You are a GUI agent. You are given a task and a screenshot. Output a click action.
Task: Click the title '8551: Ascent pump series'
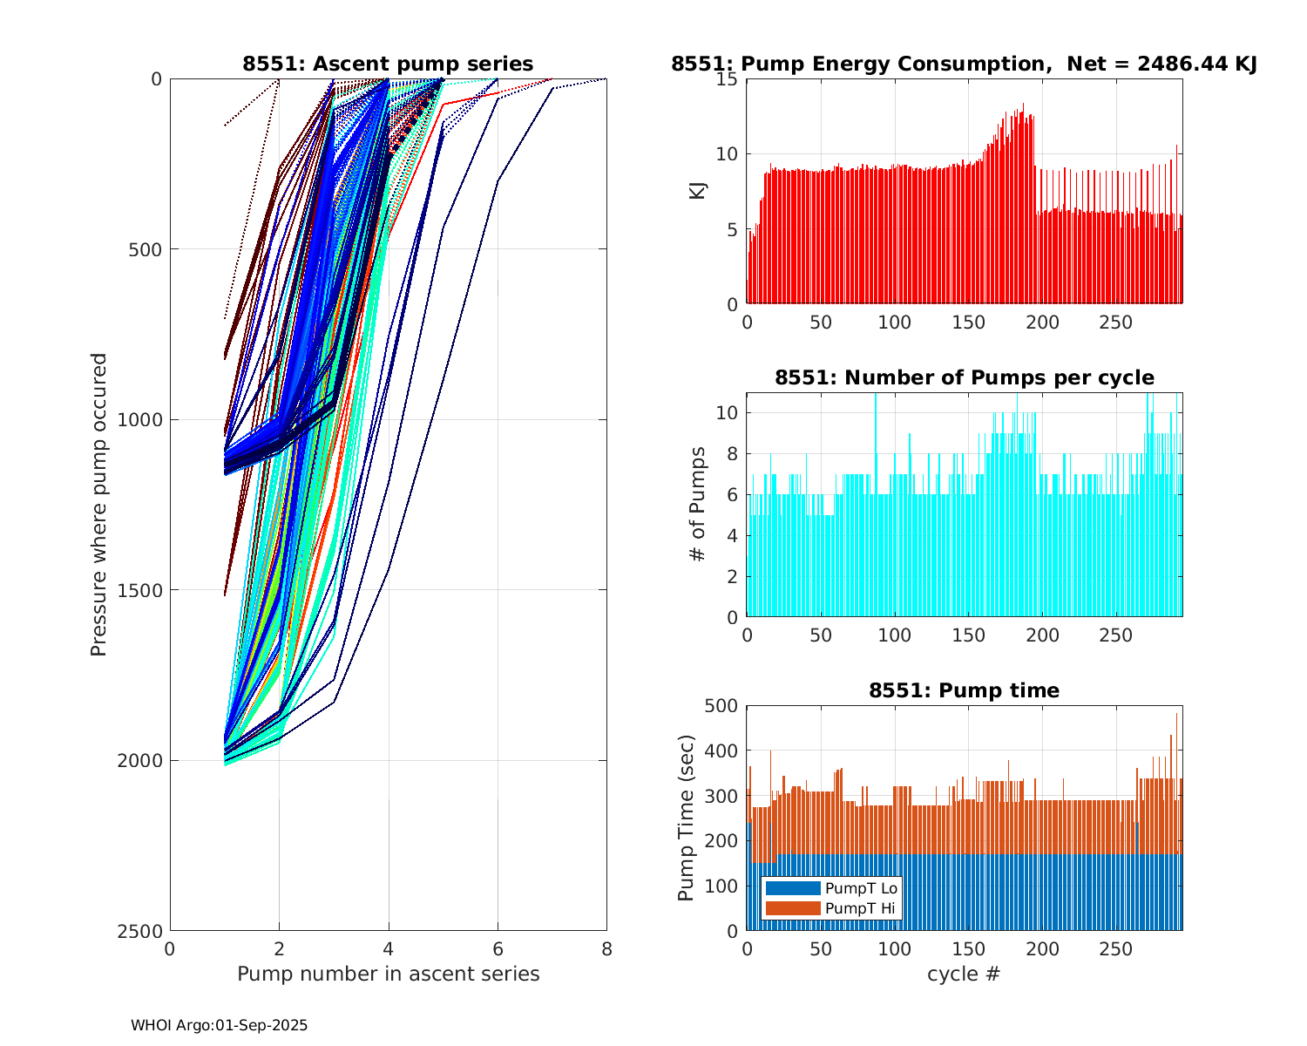388,64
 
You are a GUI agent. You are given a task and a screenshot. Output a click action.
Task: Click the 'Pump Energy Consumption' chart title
964,64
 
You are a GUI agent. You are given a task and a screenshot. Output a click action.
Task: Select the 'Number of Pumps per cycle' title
964,377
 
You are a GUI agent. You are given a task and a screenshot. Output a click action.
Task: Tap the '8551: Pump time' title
964,690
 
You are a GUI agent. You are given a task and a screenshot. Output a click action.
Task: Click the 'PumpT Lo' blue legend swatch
792,888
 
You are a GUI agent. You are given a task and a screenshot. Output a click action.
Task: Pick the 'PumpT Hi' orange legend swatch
792,908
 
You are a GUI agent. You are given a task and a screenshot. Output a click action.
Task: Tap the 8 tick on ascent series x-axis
606,948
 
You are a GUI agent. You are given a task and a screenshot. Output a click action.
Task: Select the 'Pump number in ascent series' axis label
388,974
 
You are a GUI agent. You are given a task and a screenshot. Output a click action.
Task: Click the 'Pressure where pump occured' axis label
98,505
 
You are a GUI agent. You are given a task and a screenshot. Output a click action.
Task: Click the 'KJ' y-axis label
698,191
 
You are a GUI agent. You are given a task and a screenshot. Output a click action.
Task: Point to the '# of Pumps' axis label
698,505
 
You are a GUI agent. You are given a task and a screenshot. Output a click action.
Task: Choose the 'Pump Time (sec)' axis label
686,818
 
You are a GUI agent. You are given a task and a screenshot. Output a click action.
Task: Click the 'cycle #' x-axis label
964,974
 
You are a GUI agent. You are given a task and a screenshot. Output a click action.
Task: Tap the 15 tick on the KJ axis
728,79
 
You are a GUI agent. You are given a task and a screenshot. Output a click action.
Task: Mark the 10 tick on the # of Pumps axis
728,412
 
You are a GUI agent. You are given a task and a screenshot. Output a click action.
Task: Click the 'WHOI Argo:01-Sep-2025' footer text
220,1025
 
